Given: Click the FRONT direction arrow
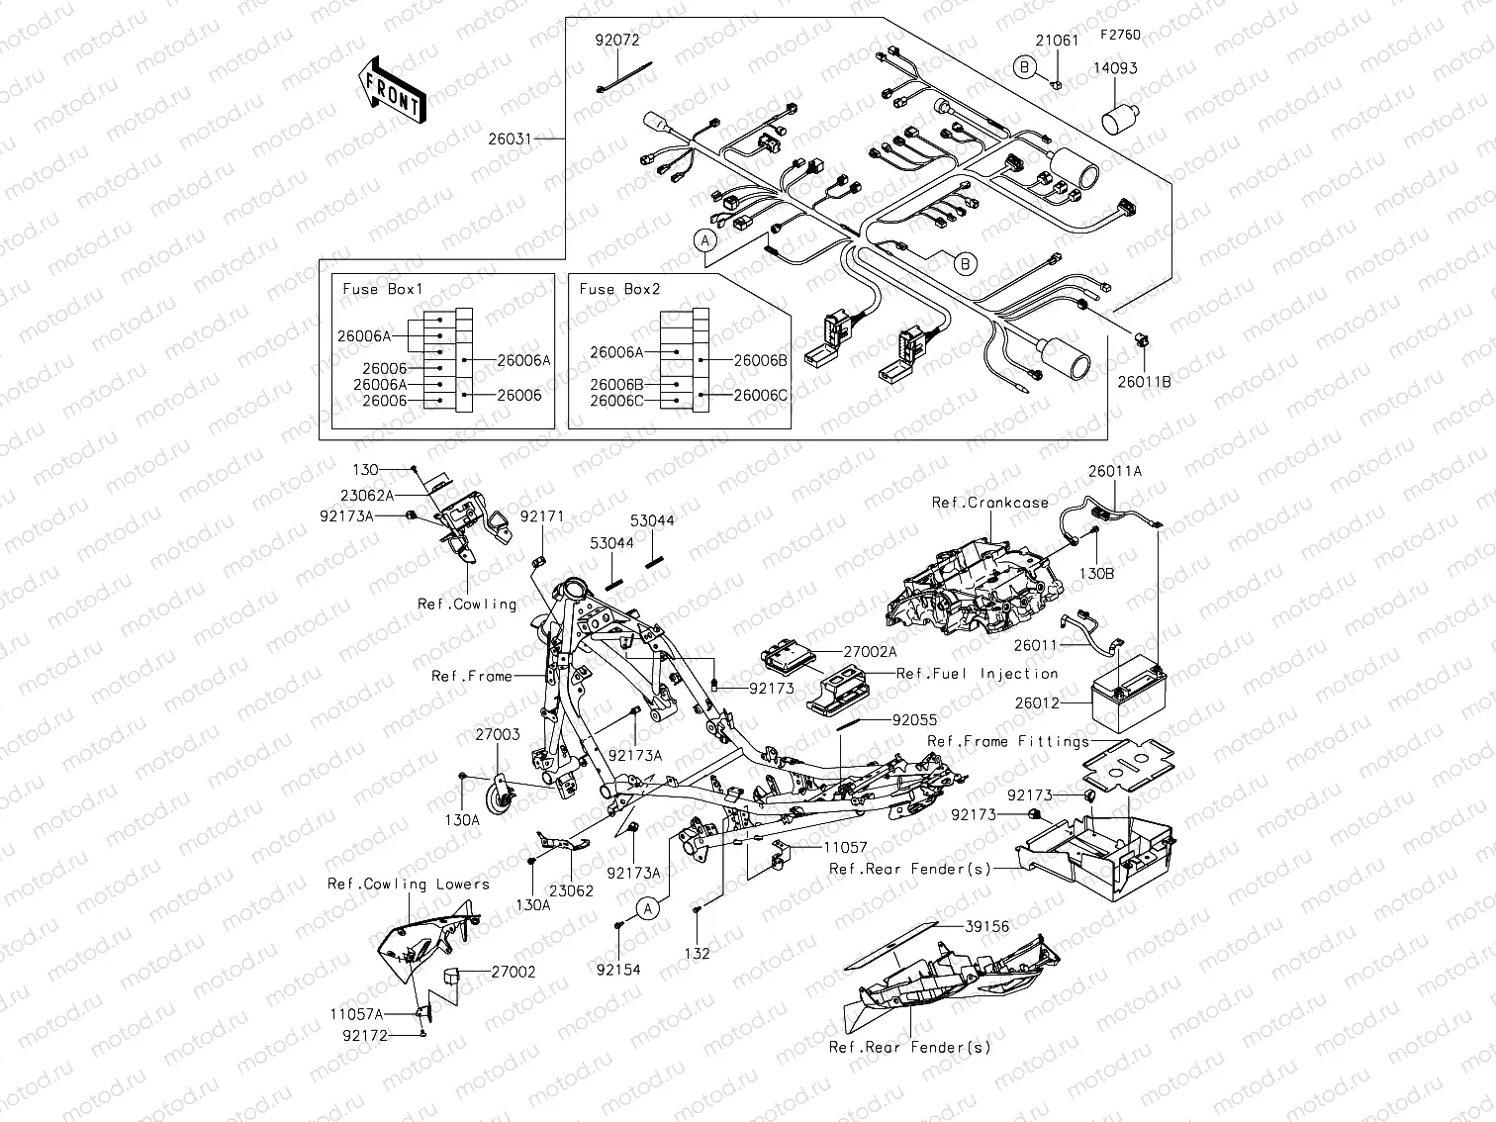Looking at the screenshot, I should (x=392, y=90).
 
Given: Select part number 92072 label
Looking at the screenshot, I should (x=616, y=41).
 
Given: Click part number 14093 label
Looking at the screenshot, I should (x=1114, y=68).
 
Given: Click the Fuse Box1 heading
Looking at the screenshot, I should (x=382, y=289).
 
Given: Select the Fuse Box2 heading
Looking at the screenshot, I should (x=619, y=289).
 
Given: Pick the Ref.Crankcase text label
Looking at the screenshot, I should (x=989, y=503).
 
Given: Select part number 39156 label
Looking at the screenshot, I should (x=986, y=926).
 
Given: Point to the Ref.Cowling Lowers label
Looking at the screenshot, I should (x=408, y=884).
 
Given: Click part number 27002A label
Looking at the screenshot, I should (x=870, y=652).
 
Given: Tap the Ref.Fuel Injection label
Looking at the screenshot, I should (x=977, y=673).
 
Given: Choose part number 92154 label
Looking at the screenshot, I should (x=618, y=970).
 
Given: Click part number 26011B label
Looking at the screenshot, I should (x=1145, y=381).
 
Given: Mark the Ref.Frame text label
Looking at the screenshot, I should (x=471, y=676).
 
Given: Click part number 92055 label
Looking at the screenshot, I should (x=914, y=721).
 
